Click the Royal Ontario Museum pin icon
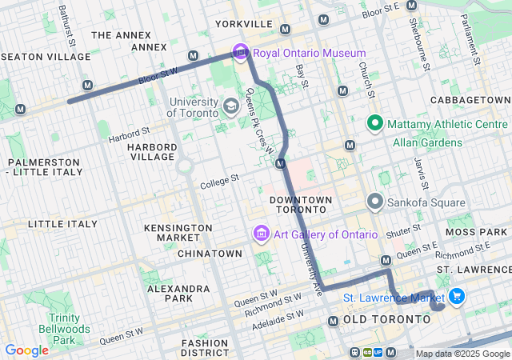coord(240,53)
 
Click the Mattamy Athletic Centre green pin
coord(374,124)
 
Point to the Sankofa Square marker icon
coord(374,202)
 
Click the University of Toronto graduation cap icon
coord(230,106)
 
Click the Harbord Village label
coord(151,151)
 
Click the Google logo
coord(26,350)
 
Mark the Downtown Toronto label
coord(300,204)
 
